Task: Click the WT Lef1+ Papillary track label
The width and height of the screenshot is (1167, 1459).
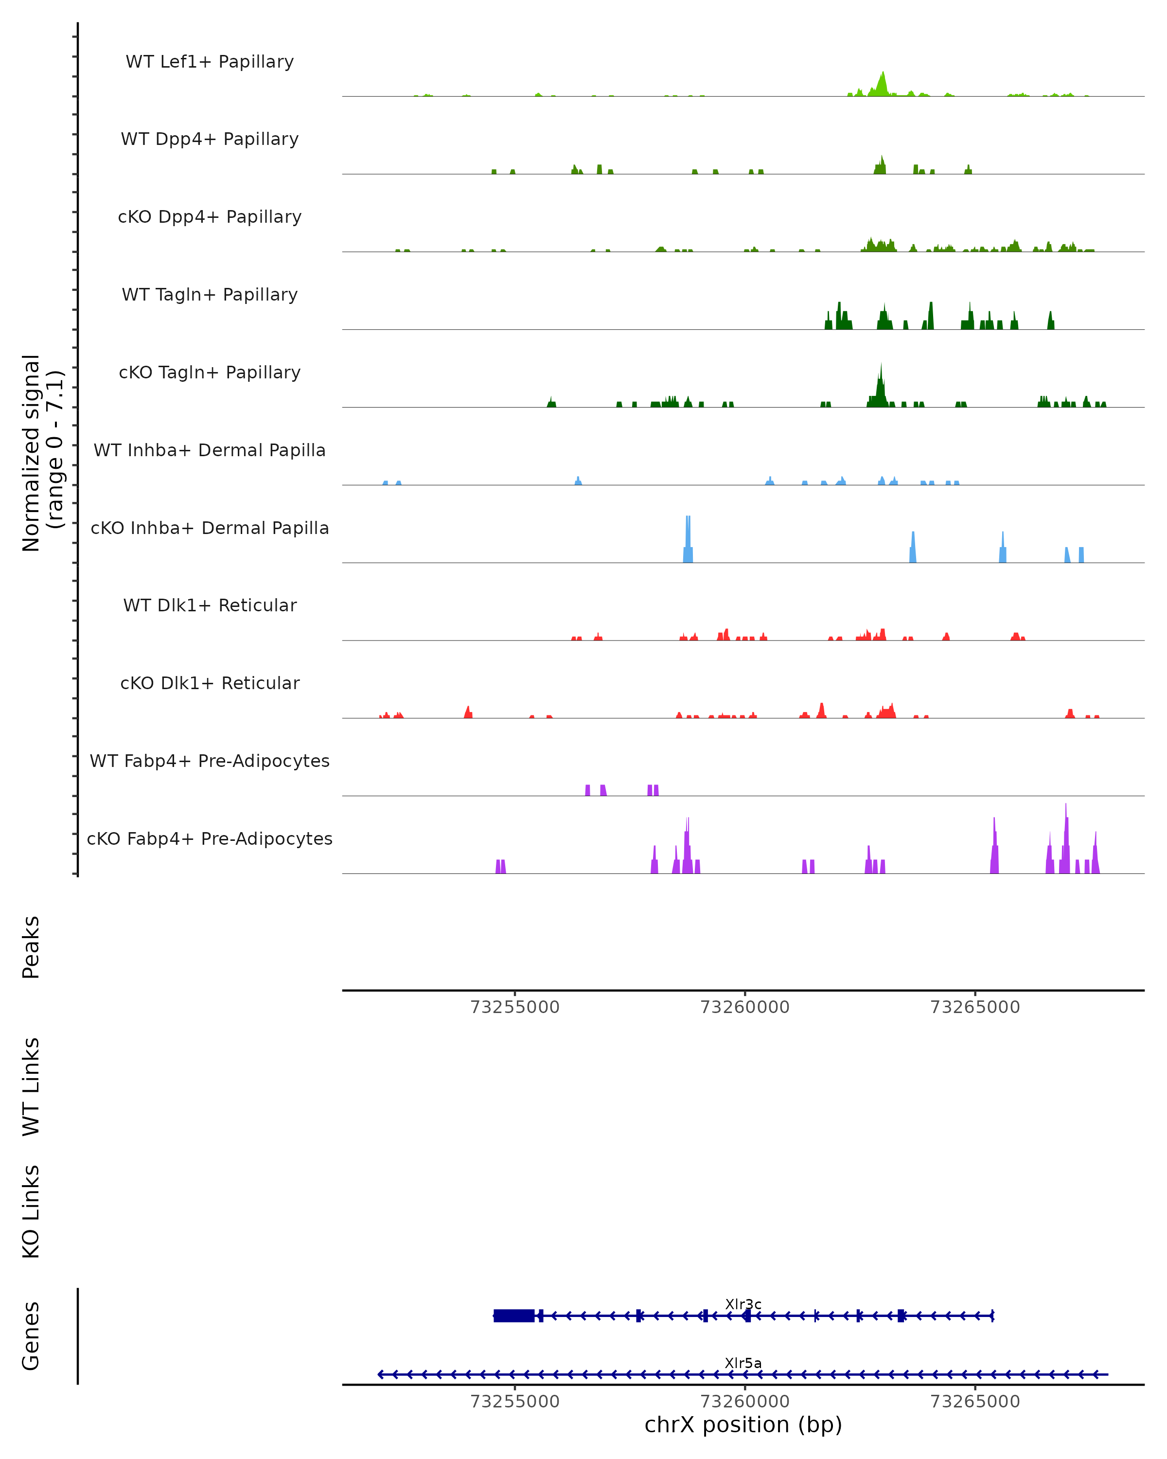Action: pos(210,62)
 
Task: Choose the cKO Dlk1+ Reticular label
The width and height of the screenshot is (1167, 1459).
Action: pos(210,683)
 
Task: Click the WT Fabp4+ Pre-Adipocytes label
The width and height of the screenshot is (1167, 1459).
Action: pos(210,761)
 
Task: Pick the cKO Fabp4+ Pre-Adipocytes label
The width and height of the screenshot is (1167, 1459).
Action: pos(210,838)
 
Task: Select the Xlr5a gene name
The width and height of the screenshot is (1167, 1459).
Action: pos(743,1363)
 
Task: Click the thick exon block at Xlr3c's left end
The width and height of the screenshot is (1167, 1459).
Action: pos(514,1316)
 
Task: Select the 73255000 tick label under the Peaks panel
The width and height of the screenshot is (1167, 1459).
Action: pos(515,1007)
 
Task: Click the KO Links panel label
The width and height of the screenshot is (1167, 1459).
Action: pos(31,1211)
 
